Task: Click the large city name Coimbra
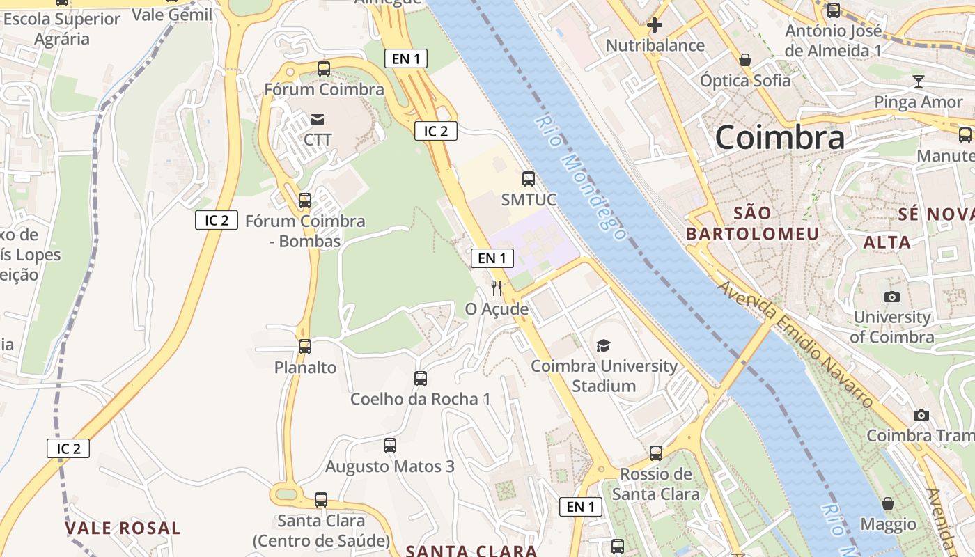click(x=780, y=137)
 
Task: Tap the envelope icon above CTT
click(x=318, y=119)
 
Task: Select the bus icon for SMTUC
click(x=529, y=179)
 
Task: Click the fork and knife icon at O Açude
click(x=497, y=288)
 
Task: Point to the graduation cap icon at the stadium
click(x=603, y=345)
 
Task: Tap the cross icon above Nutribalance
click(x=655, y=26)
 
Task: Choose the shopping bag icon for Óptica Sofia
click(x=745, y=60)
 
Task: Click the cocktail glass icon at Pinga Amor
click(x=919, y=81)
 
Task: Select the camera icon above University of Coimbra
click(x=892, y=297)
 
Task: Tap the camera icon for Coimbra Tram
click(x=921, y=415)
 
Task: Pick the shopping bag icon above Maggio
click(x=888, y=503)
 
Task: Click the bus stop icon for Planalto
click(x=305, y=346)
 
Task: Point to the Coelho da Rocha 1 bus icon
click(x=421, y=378)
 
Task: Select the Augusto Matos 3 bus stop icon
click(x=390, y=445)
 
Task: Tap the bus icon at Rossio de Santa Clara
click(x=656, y=453)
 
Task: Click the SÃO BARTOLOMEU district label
click(x=753, y=223)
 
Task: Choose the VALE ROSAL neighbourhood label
click(x=123, y=528)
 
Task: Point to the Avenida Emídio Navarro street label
click(x=795, y=345)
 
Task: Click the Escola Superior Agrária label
click(x=62, y=29)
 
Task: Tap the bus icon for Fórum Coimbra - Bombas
click(x=305, y=201)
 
